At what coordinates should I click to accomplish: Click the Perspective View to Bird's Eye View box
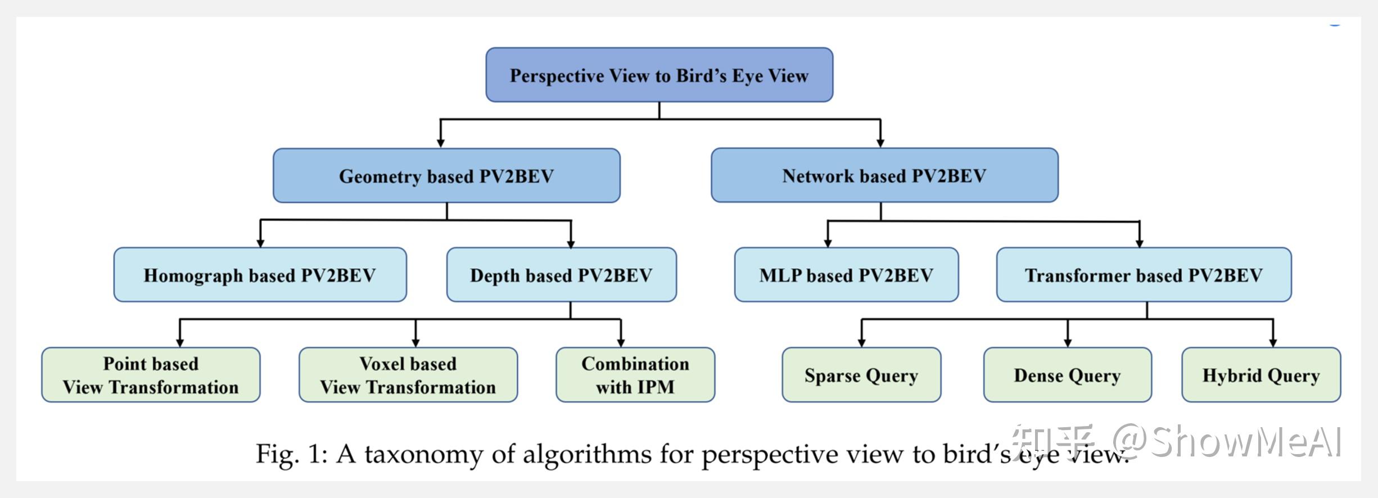(x=659, y=75)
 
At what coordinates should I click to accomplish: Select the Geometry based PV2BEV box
(x=446, y=175)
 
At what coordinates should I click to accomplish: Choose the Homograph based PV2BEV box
(x=260, y=275)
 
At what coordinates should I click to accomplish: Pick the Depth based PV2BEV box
(x=561, y=275)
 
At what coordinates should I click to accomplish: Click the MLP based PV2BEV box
(x=846, y=275)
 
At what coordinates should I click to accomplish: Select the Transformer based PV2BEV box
(x=1144, y=275)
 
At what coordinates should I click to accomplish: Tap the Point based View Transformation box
(x=151, y=375)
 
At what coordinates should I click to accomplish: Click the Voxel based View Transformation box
(x=408, y=375)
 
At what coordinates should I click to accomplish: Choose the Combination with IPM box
(x=635, y=375)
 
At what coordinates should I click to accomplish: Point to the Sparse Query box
(x=861, y=375)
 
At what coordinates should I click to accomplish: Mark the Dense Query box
(x=1067, y=375)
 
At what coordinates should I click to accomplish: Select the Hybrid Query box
(x=1261, y=375)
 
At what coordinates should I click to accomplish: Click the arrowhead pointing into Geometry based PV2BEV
(x=441, y=143)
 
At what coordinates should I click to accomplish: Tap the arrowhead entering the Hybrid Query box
(x=1273, y=342)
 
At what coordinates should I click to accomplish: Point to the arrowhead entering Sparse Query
(x=861, y=342)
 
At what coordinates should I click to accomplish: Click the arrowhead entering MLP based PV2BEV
(x=828, y=242)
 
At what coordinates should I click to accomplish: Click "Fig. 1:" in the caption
(x=291, y=454)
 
